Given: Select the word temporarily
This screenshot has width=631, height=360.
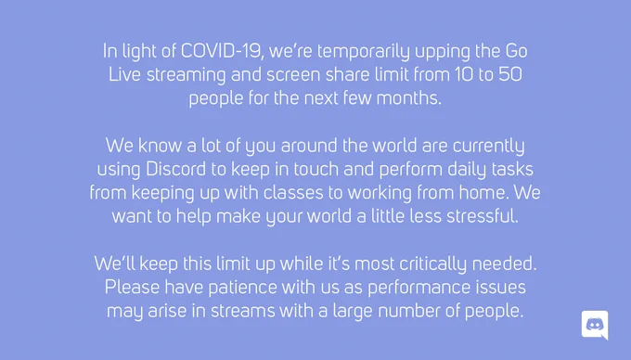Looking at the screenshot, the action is coord(364,52).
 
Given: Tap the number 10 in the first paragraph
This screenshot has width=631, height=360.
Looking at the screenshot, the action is coord(464,74).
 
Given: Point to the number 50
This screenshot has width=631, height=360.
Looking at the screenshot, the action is coord(510,74).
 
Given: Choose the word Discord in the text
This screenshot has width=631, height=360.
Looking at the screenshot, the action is coord(175,169).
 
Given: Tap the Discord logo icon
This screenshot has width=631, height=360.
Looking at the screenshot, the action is coord(595,325).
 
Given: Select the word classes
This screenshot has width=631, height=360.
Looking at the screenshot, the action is coord(293,192).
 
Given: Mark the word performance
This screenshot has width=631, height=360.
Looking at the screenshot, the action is coord(419,288).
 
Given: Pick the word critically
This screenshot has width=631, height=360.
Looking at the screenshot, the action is coord(432,264).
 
